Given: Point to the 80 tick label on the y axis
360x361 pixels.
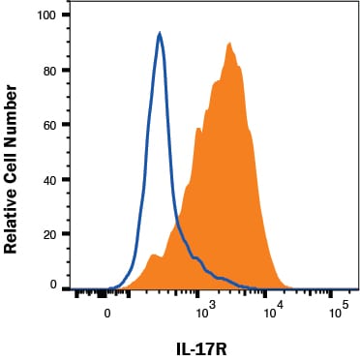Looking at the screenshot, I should pyautogui.click(x=49, y=71).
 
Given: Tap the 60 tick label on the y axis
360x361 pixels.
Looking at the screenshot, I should pyautogui.click(x=49, y=125).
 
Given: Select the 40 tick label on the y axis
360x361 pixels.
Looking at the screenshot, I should pyautogui.click(x=49, y=179).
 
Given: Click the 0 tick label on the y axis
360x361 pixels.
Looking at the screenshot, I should pyautogui.click(x=54, y=286).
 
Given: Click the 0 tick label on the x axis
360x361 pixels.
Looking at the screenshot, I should pyautogui.click(x=107, y=314).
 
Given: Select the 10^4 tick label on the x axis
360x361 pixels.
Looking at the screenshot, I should pyautogui.click(x=273, y=312).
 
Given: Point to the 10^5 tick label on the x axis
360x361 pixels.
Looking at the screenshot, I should pyautogui.click(x=337, y=312).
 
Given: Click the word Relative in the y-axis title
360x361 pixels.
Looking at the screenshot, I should pyautogui.click(x=13, y=211).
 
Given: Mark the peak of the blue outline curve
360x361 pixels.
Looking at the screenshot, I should pyautogui.click(x=160, y=34).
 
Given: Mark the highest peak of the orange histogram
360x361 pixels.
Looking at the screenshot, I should pyautogui.click(x=229, y=44).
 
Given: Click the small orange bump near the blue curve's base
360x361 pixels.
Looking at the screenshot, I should pyautogui.click(x=153, y=256).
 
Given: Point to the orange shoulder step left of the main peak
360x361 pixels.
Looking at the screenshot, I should pyautogui.click(x=199, y=129).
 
